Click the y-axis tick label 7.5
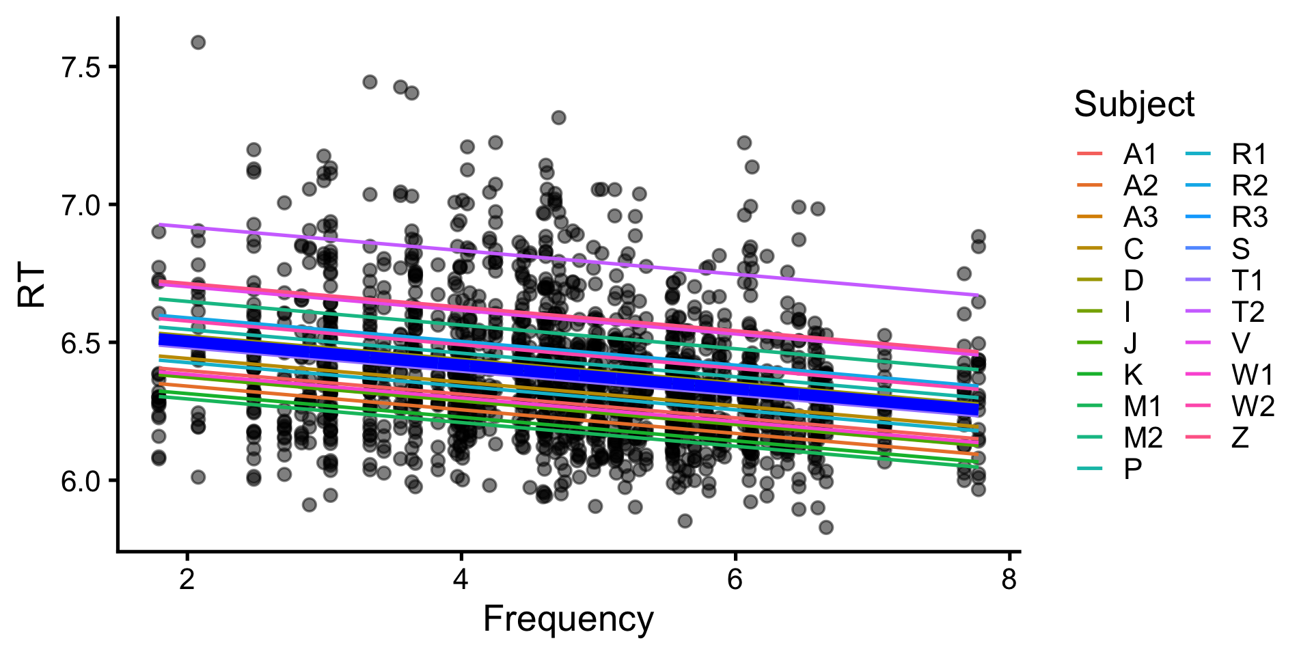click(80, 67)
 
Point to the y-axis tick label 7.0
click(80, 205)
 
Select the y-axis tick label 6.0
click(80, 481)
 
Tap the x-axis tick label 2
click(187, 579)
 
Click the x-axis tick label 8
click(1009, 579)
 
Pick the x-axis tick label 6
click(735, 579)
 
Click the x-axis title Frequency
click(568, 619)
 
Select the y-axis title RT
click(32, 286)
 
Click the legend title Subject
click(1134, 105)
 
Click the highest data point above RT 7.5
click(198, 42)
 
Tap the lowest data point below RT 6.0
click(825, 528)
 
